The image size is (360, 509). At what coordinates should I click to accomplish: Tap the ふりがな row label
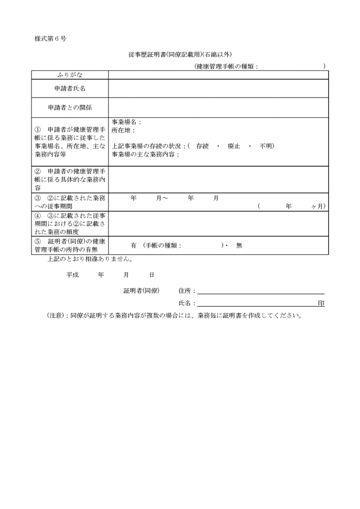pyautogui.click(x=69, y=75)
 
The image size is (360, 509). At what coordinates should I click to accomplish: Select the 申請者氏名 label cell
pyautogui.click(x=69, y=89)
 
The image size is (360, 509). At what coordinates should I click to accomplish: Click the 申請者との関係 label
pyautogui.click(x=69, y=107)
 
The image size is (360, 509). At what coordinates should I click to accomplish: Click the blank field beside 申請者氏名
pyautogui.click(x=218, y=89)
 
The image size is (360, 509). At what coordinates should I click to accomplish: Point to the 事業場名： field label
pyautogui.click(x=127, y=121)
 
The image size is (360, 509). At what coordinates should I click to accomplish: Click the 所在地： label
pyautogui.click(x=124, y=130)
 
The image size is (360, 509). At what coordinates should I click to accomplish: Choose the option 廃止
pyautogui.click(x=234, y=146)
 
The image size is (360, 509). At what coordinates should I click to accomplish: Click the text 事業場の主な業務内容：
pyautogui.click(x=146, y=155)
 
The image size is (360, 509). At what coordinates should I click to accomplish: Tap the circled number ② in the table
pyautogui.click(x=38, y=171)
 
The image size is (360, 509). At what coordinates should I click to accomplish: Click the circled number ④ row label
pyautogui.click(x=38, y=215)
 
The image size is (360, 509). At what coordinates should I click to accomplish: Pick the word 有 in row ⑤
pyautogui.click(x=133, y=245)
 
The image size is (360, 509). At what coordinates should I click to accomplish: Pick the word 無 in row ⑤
pyautogui.click(x=239, y=245)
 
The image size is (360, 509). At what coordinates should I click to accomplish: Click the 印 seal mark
pyautogui.click(x=321, y=304)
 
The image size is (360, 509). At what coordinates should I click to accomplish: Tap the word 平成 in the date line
pyautogui.click(x=73, y=275)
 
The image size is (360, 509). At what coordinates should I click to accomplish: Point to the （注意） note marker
pyautogui.click(x=56, y=316)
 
